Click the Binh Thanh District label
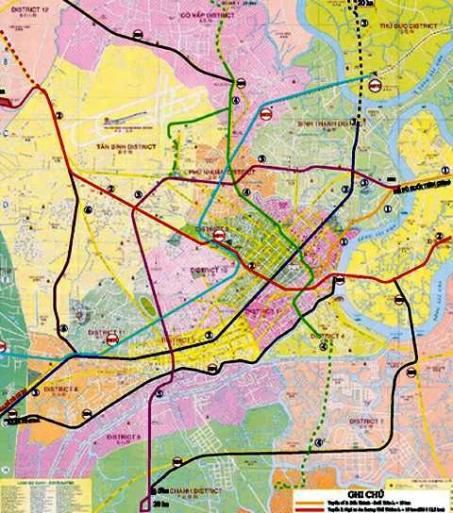[326, 124]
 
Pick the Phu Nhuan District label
[223, 174]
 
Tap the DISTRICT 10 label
[214, 270]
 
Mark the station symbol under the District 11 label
[111, 343]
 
